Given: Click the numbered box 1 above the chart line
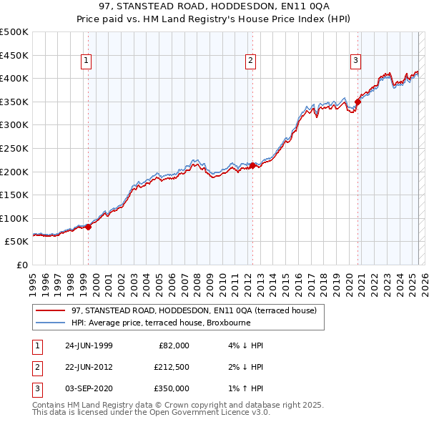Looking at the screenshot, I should (86, 62).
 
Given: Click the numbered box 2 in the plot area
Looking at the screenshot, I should (251, 62).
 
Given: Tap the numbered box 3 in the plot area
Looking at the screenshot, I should (355, 62).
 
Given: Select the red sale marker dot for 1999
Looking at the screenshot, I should (89, 227).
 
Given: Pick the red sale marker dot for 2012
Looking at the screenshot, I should (252, 166).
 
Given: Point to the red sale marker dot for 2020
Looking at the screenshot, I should (357, 102).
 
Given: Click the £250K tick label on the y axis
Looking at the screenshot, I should (14, 148).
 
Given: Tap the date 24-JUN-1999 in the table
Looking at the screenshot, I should (88, 345).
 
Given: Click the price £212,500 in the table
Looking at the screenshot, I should (171, 367).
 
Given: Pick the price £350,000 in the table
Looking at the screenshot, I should (171, 388).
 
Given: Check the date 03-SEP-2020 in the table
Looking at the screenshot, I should (88, 388).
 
